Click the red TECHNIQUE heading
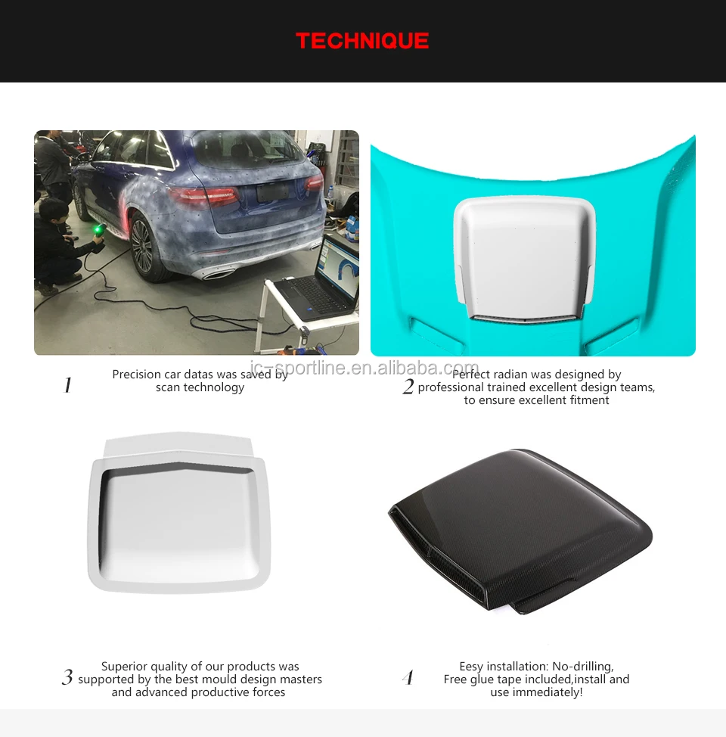point(362,41)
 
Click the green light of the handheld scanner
point(98,228)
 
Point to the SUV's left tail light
point(203,196)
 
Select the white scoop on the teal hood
point(524,257)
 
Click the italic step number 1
point(67,386)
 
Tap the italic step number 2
point(408,387)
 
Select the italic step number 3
point(67,678)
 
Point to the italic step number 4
point(408,678)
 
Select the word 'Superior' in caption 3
point(126,667)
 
